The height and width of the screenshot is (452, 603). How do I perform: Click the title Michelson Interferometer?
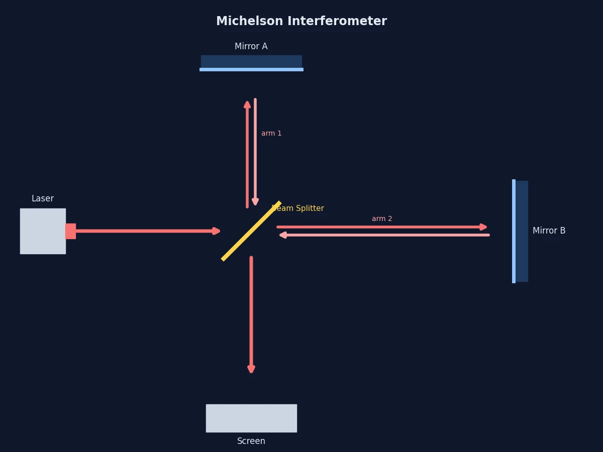pyautogui.click(x=301, y=21)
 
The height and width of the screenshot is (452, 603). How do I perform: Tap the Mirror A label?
pyautogui.click(x=251, y=46)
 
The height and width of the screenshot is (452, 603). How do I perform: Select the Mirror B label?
pyautogui.click(x=549, y=231)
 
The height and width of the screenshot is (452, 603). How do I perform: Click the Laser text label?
pyautogui.click(x=43, y=198)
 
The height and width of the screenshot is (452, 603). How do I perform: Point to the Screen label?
pyautogui.click(x=251, y=441)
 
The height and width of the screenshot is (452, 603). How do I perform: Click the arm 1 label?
pyautogui.click(x=271, y=134)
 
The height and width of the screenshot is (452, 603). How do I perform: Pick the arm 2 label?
pyautogui.click(x=382, y=219)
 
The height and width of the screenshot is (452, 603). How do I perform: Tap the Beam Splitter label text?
pyautogui.click(x=298, y=208)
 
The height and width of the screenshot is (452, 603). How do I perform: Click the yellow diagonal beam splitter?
pyautogui.click(x=251, y=231)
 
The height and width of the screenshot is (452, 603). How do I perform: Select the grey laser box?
pyautogui.click(x=43, y=231)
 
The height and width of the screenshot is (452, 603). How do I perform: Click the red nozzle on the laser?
pyautogui.click(x=71, y=231)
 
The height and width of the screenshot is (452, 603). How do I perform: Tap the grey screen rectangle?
pyautogui.click(x=251, y=418)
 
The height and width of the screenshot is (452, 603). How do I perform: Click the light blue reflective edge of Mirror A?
pyautogui.click(x=251, y=70)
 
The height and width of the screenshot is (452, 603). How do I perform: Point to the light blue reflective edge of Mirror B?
pyautogui.click(x=514, y=231)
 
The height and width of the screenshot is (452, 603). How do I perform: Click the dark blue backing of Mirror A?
pyautogui.click(x=251, y=61)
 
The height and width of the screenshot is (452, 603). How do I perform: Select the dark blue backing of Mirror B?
pyautogui.click(x=522, y=231)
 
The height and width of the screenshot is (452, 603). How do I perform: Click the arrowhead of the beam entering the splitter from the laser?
pyautogui.click(x=216, y=231)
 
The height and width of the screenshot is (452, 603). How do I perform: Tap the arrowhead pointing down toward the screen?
pyautogui.click(x=251, y=370)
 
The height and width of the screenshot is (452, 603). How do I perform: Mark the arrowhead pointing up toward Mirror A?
pyautogui.click(x=247, y=104)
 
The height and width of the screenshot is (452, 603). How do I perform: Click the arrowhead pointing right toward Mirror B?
pyautogui.click(x=483, y=227)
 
